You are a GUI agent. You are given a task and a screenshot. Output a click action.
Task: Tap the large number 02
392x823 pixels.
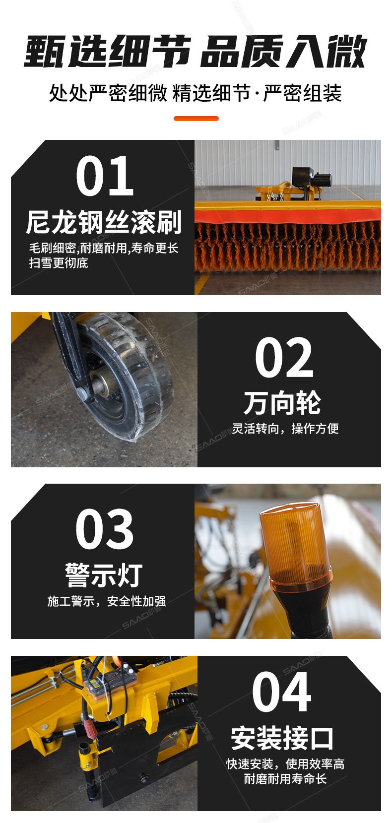pos(284,357)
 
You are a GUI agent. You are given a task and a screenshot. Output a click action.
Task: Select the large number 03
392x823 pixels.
pos(104,529)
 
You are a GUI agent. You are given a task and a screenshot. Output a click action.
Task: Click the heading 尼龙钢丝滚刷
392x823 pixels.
pos(104,222)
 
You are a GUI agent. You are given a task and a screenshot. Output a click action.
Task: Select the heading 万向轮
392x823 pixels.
pos(282,403)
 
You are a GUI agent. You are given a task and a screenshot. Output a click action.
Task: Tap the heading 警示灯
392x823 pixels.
pos(104,575)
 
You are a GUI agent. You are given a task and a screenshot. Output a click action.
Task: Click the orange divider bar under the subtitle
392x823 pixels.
pos(196,118)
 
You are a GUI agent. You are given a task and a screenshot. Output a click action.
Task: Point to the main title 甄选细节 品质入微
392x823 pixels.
pos(196,51)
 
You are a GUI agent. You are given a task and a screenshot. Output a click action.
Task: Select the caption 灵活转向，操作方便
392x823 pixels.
pos(285,429)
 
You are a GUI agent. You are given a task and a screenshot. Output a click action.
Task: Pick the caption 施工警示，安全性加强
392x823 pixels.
pos(107,601)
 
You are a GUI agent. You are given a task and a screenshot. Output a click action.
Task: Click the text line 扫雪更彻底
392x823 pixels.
pos(59,263)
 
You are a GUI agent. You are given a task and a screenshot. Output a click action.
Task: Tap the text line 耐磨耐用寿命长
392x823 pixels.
pos(285,778)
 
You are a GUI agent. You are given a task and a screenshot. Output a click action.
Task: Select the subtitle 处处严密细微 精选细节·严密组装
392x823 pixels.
pos(196,93)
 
